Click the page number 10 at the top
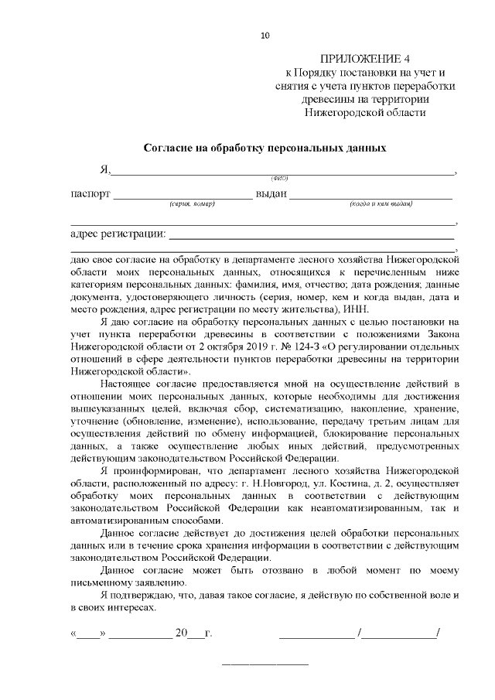click(x=265, y=35)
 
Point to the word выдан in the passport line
click(x=271, y=193)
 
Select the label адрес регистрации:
click(x=117, y=234)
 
